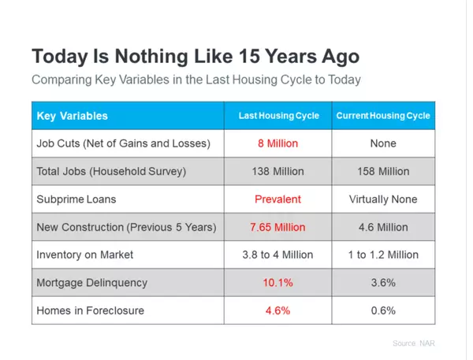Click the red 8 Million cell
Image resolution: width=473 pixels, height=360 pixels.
pos(277,143)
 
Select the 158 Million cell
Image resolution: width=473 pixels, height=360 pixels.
pos(383,171)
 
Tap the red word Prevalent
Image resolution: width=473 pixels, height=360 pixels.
pos(277,199)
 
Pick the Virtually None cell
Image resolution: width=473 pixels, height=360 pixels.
pos(383,199)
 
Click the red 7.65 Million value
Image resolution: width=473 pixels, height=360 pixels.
pos(277,227)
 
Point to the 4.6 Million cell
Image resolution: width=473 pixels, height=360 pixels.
pos(383,227)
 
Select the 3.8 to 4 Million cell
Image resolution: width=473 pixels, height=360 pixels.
pos(277,254)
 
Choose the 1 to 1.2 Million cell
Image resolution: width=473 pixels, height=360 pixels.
pos(383,254)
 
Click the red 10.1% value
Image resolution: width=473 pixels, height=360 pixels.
pos(277,282)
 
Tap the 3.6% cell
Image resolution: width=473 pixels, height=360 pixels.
pos(383,282)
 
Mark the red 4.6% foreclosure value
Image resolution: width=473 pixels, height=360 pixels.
pos(277,310)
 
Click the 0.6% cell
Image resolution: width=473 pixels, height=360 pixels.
pos(383,310)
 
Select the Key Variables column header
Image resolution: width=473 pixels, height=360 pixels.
pos(73,116)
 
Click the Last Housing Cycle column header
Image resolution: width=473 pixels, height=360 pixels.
pos(279,116)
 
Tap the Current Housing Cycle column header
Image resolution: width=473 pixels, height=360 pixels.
pos(383,116)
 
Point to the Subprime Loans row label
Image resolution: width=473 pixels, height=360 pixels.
pos(73,199)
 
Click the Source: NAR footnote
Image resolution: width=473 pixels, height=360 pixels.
pos(412,343)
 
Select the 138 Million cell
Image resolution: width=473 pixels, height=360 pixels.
pos(277,171)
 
